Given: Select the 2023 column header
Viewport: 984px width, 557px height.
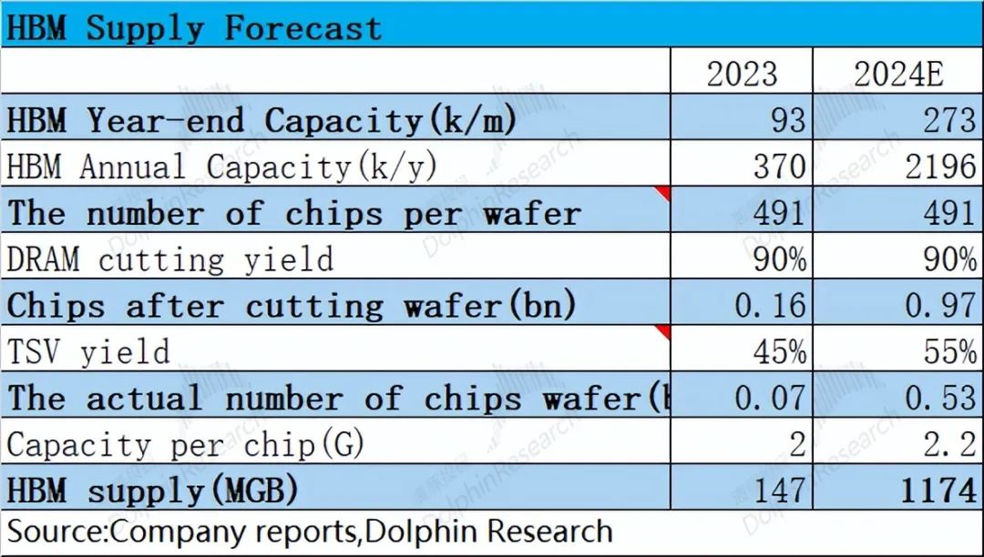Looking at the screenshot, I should (x=743, y=74).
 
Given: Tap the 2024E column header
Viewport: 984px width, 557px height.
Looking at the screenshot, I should (x=897, y=74).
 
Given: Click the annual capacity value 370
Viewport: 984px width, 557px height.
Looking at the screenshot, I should (x=774, y=167).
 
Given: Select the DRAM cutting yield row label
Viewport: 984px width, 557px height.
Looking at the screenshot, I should (x=169, y=259).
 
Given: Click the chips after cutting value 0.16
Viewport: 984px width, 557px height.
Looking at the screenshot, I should (x=770, y=305).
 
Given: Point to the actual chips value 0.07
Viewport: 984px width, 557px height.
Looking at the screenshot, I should (x=770, y=398).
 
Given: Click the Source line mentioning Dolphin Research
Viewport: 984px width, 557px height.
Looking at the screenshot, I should (x=309, y=532).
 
